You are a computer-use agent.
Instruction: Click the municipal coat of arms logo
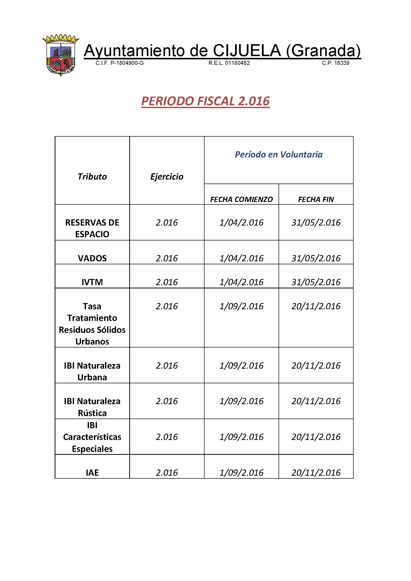coord(61,55)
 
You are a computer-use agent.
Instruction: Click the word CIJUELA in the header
coord(247,50)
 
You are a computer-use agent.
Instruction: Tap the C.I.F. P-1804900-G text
coord(120,63)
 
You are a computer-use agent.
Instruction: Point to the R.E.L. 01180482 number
coord(229,63)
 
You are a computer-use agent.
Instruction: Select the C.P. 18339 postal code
coord(335,63)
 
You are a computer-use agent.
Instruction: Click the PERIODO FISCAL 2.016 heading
coord(205,101)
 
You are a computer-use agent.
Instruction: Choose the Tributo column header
coord(92,176)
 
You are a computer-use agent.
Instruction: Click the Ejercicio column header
coord(167,176)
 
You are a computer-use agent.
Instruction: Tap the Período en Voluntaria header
coord(278,154)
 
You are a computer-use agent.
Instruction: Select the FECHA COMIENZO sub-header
coord(242,199)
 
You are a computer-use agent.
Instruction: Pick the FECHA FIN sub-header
coord(316,199)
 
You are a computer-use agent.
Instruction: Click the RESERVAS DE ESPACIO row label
coord(92,228)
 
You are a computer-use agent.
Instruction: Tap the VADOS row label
coord(92,258)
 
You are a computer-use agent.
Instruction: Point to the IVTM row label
coord(92,282)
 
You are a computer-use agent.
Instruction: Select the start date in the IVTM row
coord(242,282)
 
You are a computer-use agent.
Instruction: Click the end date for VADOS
coord(316,258)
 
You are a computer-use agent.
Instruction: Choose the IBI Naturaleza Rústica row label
coord(92,407)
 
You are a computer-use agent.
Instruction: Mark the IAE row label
coord(92,472)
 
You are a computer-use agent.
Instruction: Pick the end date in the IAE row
coord(316,472)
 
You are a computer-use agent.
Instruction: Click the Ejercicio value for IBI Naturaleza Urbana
coord(167,365)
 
